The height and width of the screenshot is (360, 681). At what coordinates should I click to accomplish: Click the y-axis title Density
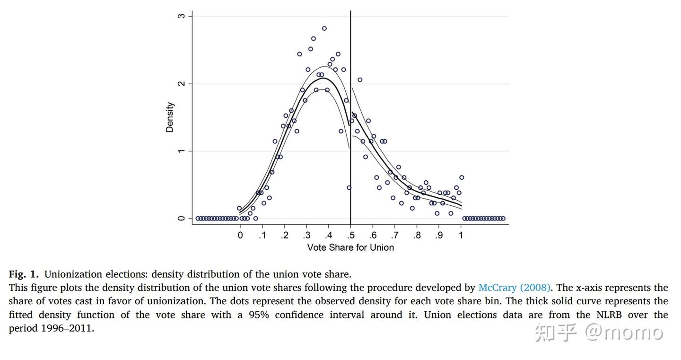[170, 117]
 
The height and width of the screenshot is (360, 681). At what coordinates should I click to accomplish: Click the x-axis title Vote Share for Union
[350, 247]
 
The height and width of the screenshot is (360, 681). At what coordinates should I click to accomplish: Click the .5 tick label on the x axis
[350, 235]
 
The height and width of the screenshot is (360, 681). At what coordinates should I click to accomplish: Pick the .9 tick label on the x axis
[439, 235]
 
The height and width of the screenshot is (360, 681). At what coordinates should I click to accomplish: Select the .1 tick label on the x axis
[262, 235]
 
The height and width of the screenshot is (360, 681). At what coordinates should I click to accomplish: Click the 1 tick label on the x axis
[461, 235]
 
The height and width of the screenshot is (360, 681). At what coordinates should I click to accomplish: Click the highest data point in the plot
[324, 28]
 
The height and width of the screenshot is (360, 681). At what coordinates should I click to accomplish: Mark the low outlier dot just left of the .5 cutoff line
[349, 188]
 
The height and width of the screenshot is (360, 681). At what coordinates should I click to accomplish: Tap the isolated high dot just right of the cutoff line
[360, 80]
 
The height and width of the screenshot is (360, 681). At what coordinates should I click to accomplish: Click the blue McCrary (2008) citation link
[515, 288]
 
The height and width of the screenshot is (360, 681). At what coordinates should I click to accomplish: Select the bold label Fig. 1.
[24, 274]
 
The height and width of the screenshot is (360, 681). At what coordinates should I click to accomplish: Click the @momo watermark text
[624, 333]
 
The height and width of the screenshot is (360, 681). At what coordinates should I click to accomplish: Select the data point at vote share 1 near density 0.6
[462, 177]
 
